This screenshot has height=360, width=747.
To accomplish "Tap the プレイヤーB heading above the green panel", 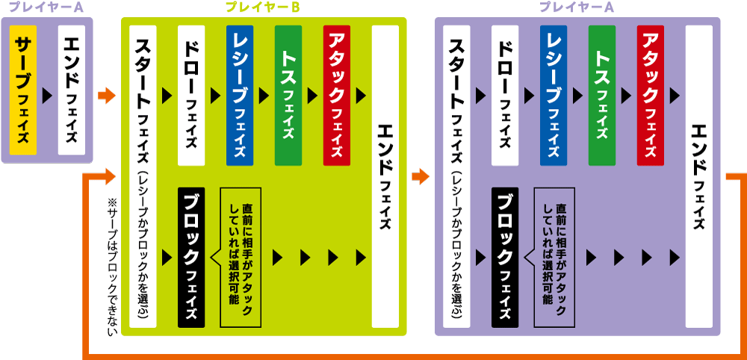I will [263, 8].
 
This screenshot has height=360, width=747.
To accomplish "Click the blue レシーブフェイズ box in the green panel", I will [239, 96].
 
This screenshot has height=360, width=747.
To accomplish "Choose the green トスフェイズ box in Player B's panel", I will [288, 96].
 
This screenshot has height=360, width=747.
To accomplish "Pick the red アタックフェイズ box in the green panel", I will [337, 96].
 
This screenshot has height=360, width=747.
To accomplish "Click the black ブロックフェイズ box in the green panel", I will [191, 256].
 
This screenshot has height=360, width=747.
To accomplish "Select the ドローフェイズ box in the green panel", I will [191, 96].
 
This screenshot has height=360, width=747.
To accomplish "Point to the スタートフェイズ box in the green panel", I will [143, 176].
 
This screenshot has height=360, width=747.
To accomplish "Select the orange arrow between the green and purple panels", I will [421, 176].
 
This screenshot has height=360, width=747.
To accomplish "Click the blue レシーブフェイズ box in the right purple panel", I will [554, 96].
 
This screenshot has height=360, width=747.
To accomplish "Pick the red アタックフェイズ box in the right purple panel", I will [651, 96].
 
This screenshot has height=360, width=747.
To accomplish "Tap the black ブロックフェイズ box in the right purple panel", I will [505, 256].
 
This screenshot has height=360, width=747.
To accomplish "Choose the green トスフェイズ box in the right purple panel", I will [602, 96].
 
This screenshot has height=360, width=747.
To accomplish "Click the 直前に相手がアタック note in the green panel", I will [239, 256].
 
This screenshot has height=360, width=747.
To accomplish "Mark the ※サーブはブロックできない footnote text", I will [113, 265].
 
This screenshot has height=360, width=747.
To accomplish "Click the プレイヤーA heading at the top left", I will [40, 8].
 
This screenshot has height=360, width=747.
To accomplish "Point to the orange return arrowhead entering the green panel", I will [111, 176].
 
